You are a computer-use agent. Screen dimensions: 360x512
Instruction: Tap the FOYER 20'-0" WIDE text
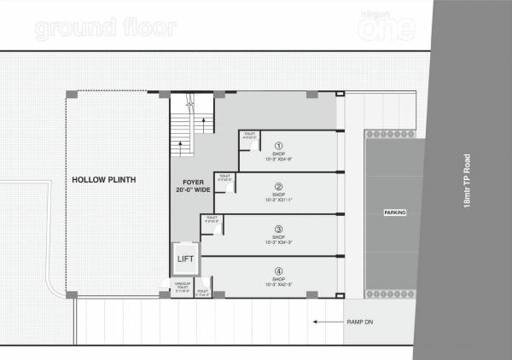click(x=191, y=186)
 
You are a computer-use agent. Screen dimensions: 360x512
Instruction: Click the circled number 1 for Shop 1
click(x=278, y=146)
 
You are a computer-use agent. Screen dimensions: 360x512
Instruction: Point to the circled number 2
click(x=278, y=187)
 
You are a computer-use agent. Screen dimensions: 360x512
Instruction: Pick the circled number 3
click(x=278, y=228)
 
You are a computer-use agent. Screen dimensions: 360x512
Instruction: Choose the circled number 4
click(x=278, y=271)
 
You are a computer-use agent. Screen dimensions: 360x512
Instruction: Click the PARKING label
click(x=394, y=212)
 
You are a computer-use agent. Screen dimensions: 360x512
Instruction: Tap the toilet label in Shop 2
click(x=225, y=179)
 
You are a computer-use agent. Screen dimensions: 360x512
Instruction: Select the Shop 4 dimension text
click(x=278, y=284)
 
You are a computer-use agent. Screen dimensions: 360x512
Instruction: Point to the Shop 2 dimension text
click(x=278, y=200)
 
